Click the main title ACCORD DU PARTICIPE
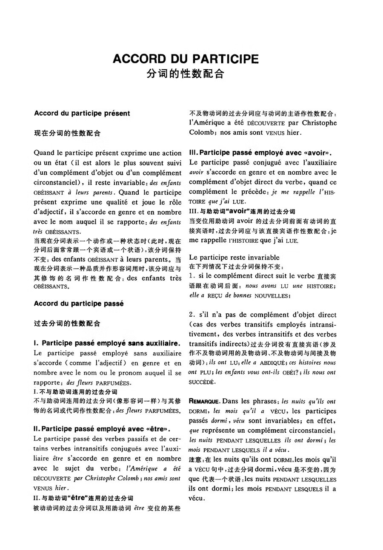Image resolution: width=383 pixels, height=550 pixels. coord(186,59)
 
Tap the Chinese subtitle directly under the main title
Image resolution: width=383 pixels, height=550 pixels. coord(186,74)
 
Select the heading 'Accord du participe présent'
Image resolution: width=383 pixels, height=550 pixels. coord(82,113)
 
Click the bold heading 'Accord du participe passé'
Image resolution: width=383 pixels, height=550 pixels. coord(78,304)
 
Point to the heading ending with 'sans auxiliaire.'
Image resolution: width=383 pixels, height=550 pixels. coord(107,343)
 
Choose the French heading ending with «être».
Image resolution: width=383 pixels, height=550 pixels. coord(102,428)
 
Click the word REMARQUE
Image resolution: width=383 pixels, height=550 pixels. coord(204,402)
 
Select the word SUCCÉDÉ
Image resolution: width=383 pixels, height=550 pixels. coord(202,382)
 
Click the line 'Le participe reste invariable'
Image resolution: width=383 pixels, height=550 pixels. coord(234,258)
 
